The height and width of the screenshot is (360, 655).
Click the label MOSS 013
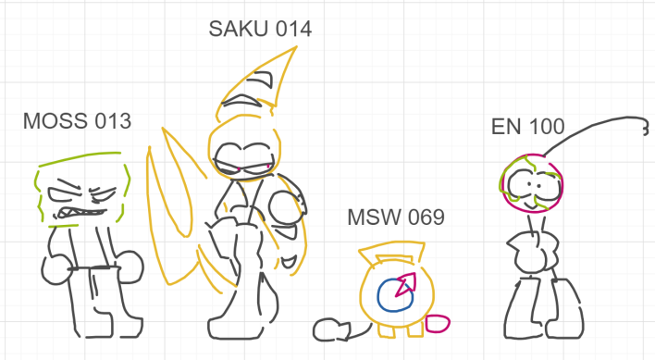tap(78, 121)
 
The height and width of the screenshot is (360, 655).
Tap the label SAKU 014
tap(260, 30)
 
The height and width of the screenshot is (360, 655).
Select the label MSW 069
tap(396, 217)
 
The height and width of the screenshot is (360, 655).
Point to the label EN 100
tap(528, 127)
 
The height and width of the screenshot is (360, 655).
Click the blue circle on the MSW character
tap(379, 296)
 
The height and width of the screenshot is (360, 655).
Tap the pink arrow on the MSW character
tap(406, 284)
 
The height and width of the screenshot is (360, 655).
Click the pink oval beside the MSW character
tap(438, 324)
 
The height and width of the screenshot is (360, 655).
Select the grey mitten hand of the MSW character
tap(331, 330)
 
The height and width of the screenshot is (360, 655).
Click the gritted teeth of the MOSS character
tap(81, 213)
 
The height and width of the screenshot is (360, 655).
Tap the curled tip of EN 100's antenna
tap(647, 129)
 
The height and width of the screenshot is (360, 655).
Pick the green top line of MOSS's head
tap(80, 158)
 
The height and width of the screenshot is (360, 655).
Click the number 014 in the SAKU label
tap(294, 30)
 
